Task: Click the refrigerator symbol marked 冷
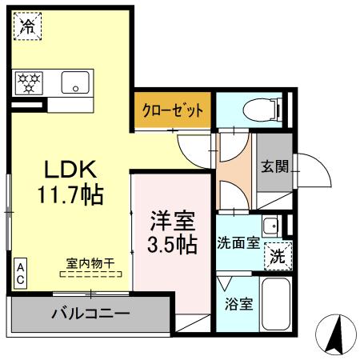tap(27, 26)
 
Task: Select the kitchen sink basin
tap(77, 81)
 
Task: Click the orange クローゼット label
tap(173, 110)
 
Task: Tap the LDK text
tap(70, 170)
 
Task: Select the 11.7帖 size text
tap(70, 194)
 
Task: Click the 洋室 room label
tap(171, 218)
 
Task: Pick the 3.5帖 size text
tap(171, 244)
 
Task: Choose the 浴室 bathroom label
tap(237, 304)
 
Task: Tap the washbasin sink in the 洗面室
tap(271, 226)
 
